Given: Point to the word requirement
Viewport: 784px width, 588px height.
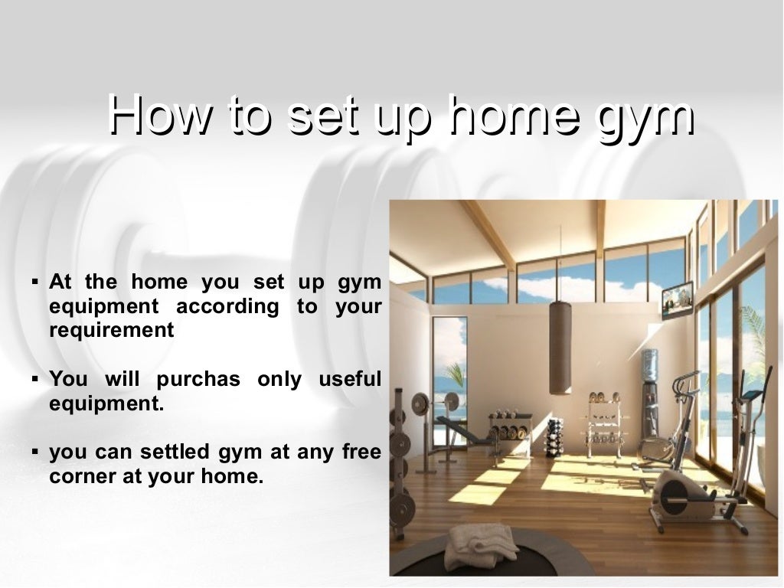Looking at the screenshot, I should [x=112, y=331].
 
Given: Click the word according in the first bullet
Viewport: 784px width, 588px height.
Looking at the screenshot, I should [x=227, y=306].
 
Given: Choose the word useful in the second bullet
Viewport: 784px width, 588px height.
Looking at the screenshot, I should [x=349, y=379].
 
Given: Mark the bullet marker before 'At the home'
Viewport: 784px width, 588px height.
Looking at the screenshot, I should [x=35, y=283].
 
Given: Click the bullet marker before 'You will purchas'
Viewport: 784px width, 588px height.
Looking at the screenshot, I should [x=35, y=380].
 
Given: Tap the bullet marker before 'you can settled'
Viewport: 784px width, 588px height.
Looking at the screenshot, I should [x=35, y=452].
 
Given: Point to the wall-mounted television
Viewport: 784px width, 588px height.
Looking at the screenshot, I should [x=678, y=299].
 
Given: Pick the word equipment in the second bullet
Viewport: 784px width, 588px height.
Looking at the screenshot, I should [x=106, y=403].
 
